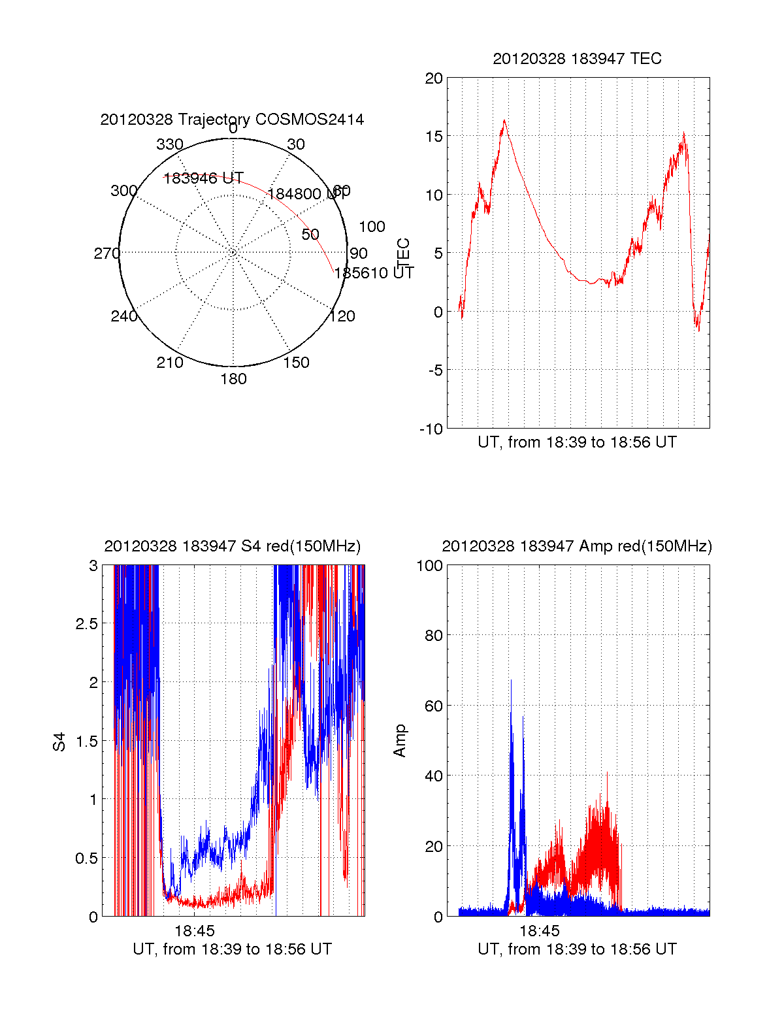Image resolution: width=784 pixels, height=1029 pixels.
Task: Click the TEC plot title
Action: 577,59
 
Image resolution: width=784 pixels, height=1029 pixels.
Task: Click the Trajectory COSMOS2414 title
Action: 232,120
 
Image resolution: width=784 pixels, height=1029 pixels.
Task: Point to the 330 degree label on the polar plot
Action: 170,144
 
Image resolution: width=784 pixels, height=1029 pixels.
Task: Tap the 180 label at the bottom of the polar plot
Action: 233,379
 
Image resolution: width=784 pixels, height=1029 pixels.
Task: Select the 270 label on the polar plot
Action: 106,253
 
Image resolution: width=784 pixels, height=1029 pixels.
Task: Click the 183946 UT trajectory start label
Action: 203,178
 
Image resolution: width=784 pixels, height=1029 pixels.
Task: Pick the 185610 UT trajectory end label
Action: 374,273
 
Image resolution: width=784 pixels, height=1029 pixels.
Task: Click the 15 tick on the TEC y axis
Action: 434,137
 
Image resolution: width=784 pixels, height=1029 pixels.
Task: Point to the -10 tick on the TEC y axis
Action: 431,429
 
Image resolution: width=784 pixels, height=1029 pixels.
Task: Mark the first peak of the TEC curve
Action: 504,121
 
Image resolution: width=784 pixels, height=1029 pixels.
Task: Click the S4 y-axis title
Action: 59,742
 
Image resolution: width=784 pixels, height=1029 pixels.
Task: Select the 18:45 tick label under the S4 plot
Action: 195,930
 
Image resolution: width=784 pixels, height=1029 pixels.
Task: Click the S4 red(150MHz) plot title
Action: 232,546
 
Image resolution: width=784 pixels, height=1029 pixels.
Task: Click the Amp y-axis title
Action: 400,741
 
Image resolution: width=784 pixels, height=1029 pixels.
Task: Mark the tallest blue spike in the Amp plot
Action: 511,681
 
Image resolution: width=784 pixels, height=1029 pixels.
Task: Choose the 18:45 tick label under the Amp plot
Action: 540,930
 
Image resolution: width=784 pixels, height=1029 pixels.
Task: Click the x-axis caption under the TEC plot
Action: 577,442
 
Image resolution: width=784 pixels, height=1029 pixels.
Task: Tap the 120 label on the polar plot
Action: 342,317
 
